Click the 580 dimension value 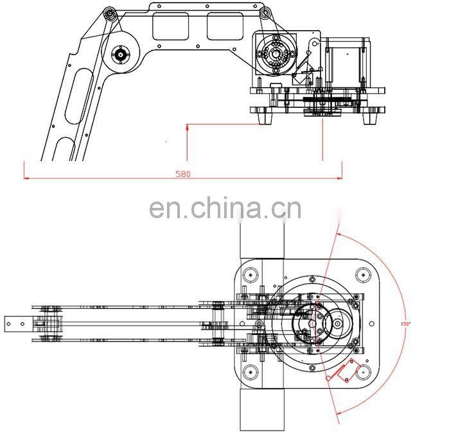point(183,174)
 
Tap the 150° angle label point(406,323)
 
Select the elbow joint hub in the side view point(121,55)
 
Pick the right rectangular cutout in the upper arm point(224,26)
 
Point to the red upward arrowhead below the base point(186,128)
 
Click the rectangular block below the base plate point(261,411)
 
